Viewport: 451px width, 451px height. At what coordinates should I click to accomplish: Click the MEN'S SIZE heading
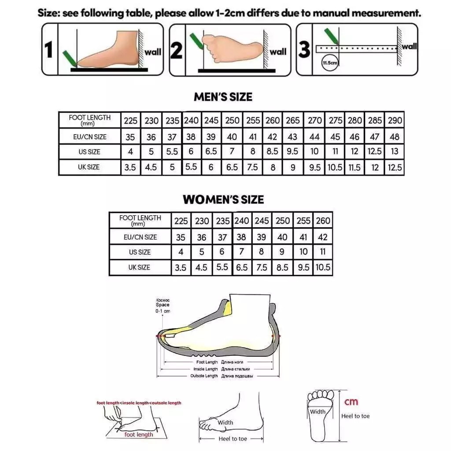tap(223, 97)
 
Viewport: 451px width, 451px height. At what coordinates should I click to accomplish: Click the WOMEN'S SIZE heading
tap(223, 200)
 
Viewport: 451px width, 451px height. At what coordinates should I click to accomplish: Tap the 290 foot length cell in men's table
tap(394, 120)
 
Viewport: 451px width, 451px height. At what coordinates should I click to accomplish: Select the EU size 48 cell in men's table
tap(394, 137)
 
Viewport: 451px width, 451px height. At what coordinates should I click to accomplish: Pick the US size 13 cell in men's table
tap(394, 152)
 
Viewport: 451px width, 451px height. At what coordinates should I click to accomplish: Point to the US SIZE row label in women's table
tap(140, 252)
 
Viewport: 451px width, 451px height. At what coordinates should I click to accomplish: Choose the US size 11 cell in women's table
tap(323, 252)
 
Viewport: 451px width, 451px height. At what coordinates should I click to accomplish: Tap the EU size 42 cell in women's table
tap(323, 237)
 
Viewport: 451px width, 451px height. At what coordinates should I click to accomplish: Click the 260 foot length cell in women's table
tap(323, 221)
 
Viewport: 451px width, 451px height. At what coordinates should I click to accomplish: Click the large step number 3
tap(304, 49)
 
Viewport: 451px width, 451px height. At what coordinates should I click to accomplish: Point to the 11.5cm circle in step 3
tap(330, 63)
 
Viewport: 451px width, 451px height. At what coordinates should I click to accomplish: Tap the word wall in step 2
tap(277, 52)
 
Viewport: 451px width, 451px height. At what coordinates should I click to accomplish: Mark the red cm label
tap(351, 401)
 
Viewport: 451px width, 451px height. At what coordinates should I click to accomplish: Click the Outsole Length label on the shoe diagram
tap(204, 376)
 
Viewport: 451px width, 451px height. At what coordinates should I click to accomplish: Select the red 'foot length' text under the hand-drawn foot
tap(139, 435)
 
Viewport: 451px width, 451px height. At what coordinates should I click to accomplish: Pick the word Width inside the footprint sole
tap(318, 412)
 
